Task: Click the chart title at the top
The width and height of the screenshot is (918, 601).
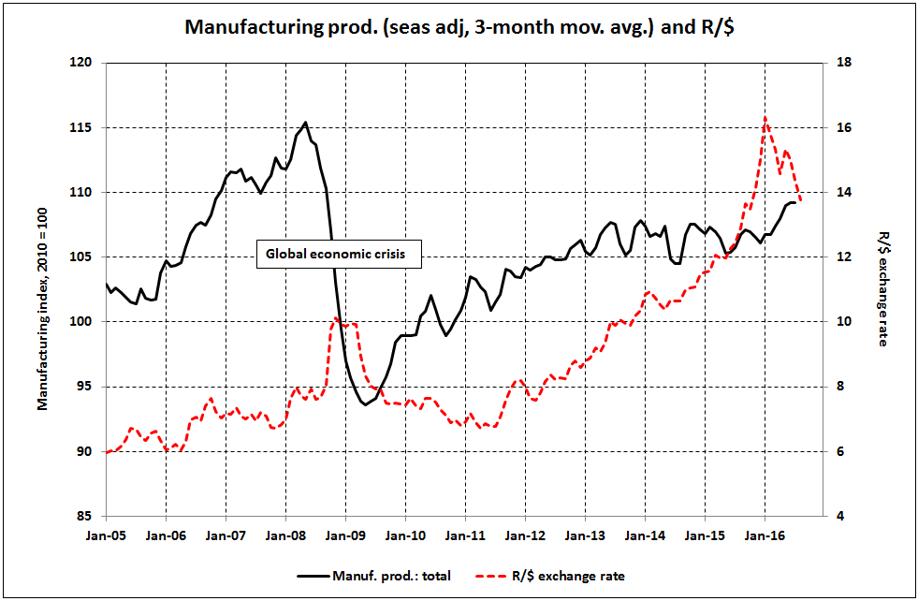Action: tap(459, 25)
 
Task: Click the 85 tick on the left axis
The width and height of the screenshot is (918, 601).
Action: tap(89, 516)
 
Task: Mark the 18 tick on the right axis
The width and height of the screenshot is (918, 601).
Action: tap(841, 63)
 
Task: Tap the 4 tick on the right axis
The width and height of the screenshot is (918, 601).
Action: tap(838, 516)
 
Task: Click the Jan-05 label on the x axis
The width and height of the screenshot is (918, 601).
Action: tap(107, 537)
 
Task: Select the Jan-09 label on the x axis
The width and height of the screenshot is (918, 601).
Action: tap(346, 537)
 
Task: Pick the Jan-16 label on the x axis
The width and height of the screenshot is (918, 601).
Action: tap(765, 537)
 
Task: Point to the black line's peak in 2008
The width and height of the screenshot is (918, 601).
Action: tap(306, 123)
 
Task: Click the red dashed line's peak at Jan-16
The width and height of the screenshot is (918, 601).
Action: tap(765, 118)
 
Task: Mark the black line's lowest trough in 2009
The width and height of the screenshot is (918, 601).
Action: tap(365, 404)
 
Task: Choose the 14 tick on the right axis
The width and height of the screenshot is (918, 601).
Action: tap(841, 192)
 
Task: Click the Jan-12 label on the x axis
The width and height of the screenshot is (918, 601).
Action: tap(526, 537)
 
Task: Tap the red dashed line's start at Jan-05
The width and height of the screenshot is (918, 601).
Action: tap(108, 452)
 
